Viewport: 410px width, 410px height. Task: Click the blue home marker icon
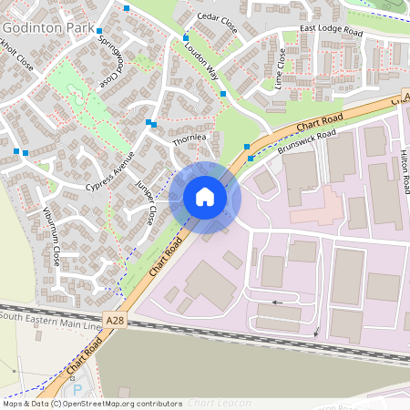[205, 196]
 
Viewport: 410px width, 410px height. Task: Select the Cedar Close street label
[216, 24]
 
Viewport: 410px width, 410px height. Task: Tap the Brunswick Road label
[307, 141]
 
